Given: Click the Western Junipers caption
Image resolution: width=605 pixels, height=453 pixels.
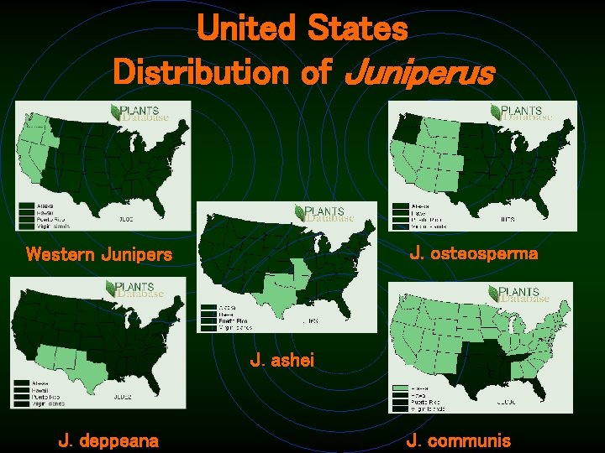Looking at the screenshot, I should point(99,253).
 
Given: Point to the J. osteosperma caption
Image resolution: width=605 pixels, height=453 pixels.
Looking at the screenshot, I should point(474,253).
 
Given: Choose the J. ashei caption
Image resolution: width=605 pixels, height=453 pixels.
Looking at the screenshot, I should point(282,361).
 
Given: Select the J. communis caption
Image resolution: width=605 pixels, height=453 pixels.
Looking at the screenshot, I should point(458,439).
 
